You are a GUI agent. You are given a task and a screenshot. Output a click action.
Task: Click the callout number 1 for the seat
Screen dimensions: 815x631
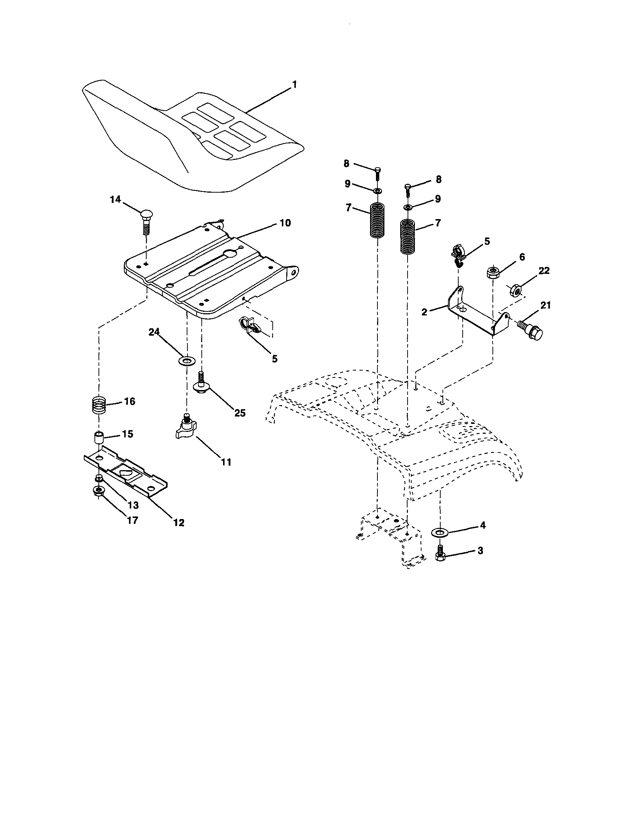point(294,85)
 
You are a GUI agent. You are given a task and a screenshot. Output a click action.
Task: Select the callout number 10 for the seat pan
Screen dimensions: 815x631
point(285,223)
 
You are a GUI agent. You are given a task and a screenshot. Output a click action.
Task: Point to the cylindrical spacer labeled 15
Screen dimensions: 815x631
point(98,437)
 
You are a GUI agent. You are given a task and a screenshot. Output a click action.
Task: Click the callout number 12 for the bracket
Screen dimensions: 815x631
point(179,522)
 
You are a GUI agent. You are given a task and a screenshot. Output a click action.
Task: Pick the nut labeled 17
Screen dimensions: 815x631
point(98,491)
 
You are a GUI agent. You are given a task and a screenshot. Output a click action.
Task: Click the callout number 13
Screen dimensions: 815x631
point(133,505)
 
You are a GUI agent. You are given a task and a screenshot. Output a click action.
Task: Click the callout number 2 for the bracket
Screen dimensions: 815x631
point(424,312)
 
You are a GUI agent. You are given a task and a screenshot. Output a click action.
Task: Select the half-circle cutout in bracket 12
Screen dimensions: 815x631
point(125,473)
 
